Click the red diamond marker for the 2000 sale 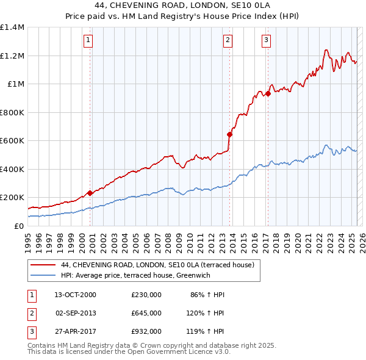tap(90, 193)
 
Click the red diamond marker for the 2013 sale tap(229, 134)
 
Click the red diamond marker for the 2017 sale tap(268, 94)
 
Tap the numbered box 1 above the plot tap(88, 41)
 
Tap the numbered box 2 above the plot tap(228, 41)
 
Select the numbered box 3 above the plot tap(267, 41)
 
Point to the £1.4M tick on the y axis tap(12, 27)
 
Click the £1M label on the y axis tap(16, 84)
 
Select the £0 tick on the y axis tap(20, 226)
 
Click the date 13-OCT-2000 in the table tap(75, 295)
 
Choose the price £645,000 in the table tap(146, 312)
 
